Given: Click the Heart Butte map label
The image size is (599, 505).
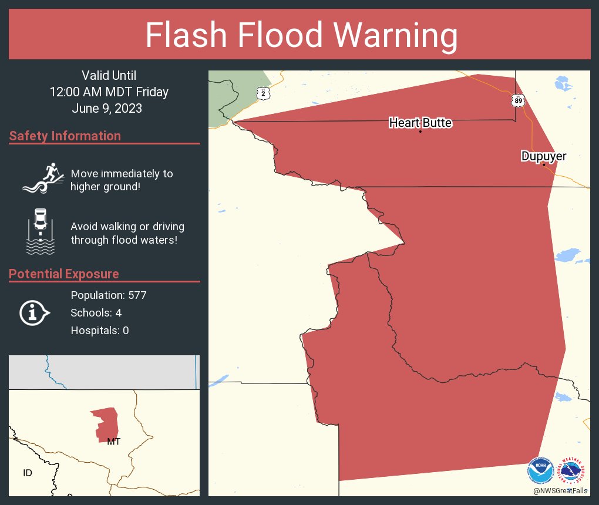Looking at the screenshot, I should point(420,123).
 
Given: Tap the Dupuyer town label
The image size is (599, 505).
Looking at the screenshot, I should point(544,156).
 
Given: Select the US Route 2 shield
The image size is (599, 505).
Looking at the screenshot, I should point(264,93).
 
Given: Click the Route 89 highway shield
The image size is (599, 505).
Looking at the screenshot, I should point(517,100).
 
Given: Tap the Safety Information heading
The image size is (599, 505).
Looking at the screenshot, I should point(65,136).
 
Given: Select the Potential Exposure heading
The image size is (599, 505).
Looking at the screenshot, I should point(64,274).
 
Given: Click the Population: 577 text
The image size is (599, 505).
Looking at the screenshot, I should point(109,295).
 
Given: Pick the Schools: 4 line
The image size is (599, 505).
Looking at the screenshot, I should point(96,312).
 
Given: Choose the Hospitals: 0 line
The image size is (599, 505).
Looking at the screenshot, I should point(100,330).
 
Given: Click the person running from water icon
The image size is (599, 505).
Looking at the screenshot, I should point(42,178).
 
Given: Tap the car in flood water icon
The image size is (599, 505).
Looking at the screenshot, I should point(40,231).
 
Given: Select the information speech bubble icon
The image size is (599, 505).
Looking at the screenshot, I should point(34,312).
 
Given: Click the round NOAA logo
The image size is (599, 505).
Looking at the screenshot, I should point(540,471).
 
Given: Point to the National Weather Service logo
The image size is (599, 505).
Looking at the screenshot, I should point(574,471).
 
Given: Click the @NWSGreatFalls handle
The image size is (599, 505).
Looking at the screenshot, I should point(560,490).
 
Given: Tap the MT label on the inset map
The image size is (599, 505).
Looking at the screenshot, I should point(113,442).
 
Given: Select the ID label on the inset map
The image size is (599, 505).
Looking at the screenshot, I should point(28,473).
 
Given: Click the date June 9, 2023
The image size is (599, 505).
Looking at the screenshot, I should point(107,109).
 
